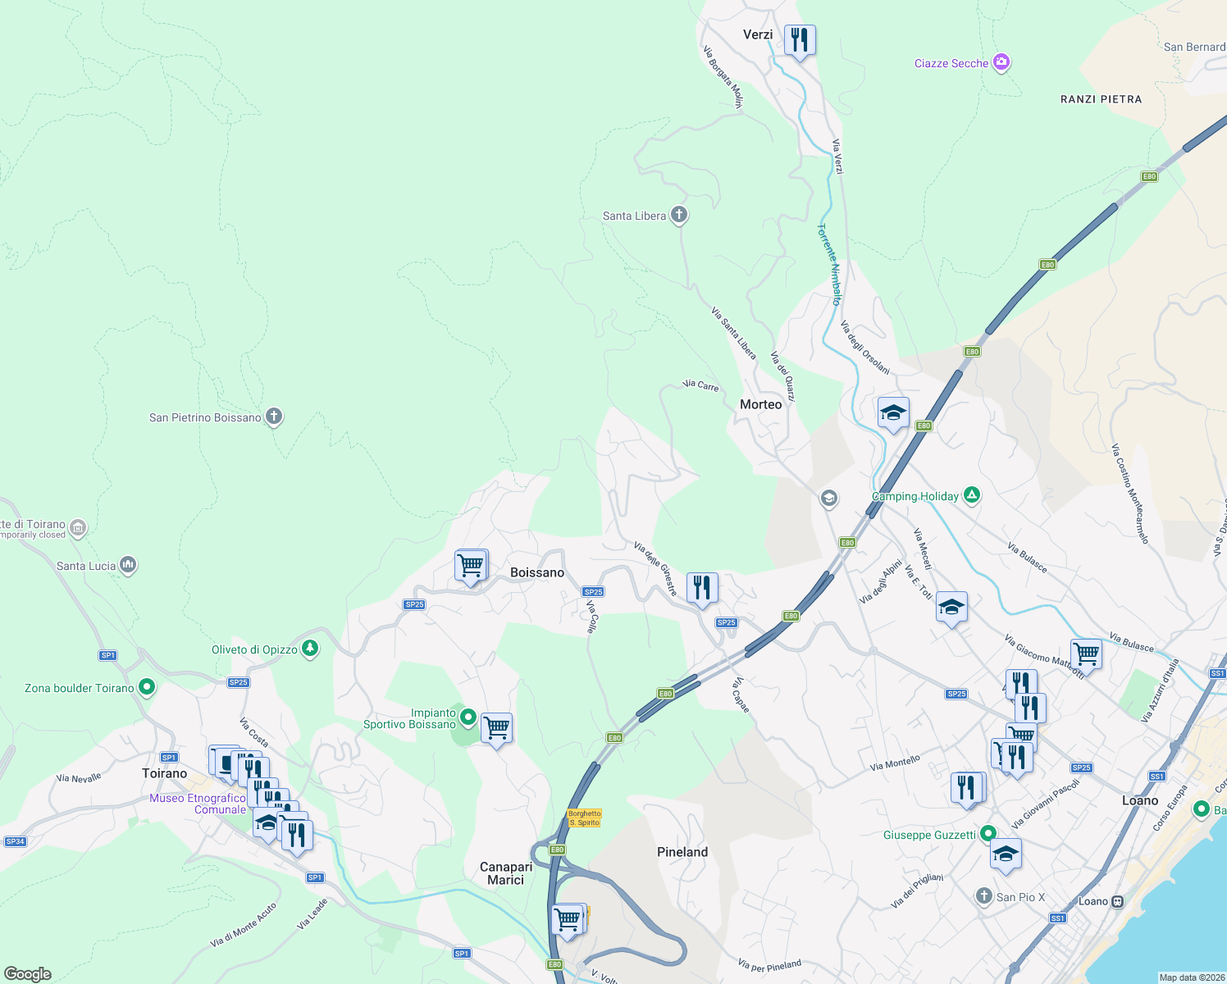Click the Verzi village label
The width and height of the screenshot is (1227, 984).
pyautogui.click(x=757, y=34)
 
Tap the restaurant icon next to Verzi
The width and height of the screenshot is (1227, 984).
pyautogui.click(x=799, y=39)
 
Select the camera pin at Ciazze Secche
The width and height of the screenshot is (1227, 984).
pyautogui.click(x=1001, y=62)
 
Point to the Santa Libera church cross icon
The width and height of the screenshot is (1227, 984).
pyautogui.click(x=678, y=215)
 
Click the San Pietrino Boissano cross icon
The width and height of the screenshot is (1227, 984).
pyautogui.click(x=274, y=417)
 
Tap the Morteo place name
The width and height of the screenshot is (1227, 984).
pyautogui.click(x=760, y=404)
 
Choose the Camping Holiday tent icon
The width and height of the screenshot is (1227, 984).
pyautogui.click(x=972, y=494)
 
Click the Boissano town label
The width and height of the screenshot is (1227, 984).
pyautogui.click(x=537, y=572)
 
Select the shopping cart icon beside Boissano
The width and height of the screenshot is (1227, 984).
pyautogui.click(x=471, y=565)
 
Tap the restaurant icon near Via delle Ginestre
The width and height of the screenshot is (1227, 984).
pyautogui.click(x=701, y=588)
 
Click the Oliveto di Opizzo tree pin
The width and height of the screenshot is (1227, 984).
pyautogui.click(x=309, y=649)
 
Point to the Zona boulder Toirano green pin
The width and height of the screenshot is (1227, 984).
pyautogui.click(x=147, y=686)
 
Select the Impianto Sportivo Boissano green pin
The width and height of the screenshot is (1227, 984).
pyautogui.click(x=468, y=717)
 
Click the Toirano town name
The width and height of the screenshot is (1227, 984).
pyautogui.click(x=164, y=773)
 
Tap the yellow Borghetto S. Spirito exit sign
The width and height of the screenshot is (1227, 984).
pyautogui.click(x=584, y=818)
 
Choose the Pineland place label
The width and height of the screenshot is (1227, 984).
pyautogui.click(x=682, y=852)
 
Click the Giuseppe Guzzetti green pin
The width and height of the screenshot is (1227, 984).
pyautogui.click(x=988, y=834)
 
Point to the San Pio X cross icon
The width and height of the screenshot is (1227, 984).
pyautogui.click(x=984, y=896)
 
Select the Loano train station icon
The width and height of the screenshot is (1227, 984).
pyautogui.click(x=1116, y=901)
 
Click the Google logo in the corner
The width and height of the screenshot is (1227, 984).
pyautogui.click(x=28, y=974)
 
